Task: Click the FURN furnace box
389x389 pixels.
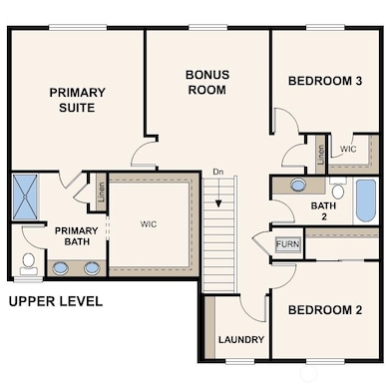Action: (x=288, y=244)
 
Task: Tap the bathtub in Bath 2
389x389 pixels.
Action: (x=366, y=200)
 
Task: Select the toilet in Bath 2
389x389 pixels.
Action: (x=338, y=189)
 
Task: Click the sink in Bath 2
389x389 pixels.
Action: (x=297, y=185)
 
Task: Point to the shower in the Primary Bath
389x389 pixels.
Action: (x=25, y=196)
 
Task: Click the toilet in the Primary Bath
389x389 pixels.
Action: (x=29, y=263)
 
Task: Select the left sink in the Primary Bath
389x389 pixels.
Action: (x=60, y=268)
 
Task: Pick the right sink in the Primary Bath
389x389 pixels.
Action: (x=92, y=268)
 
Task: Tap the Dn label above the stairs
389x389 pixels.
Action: (x=218, y=172)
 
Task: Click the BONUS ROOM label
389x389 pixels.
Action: (x=207, y=82)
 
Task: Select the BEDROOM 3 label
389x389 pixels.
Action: (x=325, y=81)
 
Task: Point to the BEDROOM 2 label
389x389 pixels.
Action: (x=325, y=310)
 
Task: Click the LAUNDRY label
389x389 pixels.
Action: (x=241, y=339)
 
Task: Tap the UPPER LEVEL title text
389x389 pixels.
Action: (x=56, y=301)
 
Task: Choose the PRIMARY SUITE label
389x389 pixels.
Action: (x=77, y=100)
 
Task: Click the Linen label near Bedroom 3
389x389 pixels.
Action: (x=321, y=155)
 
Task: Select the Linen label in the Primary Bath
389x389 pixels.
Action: (x=102, y=192)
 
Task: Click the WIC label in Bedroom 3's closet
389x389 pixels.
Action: (x=348, y=149)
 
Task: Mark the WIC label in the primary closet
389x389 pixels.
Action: (x=149, y=223)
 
